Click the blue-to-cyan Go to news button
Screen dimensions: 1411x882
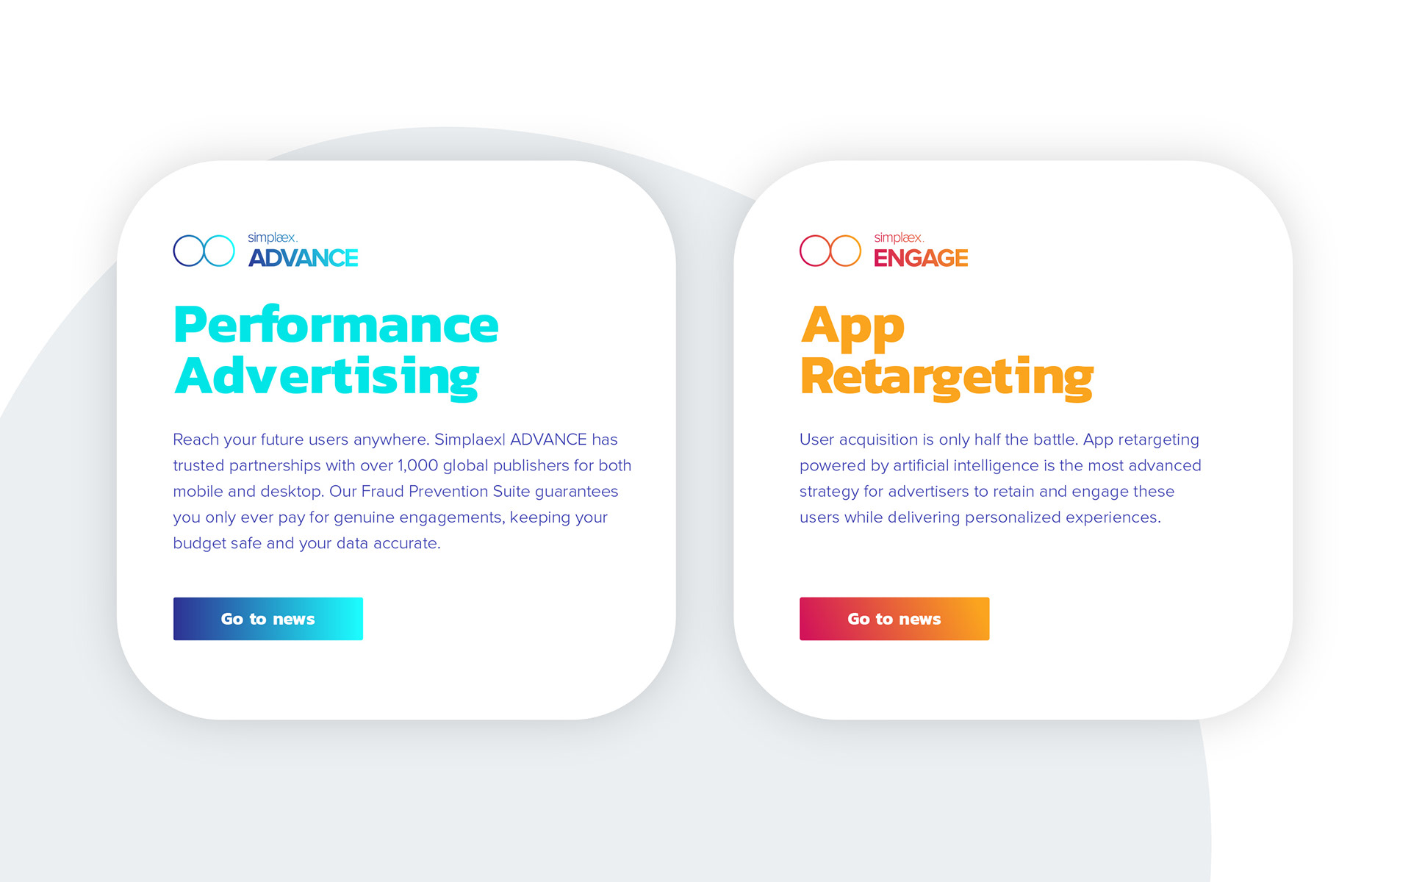point(268,619)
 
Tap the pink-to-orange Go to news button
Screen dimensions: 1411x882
point(894,619)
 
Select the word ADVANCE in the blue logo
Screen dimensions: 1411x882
point(304,258)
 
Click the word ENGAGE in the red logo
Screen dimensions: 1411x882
point(921,258)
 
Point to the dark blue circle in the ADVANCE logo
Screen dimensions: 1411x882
point(173,251)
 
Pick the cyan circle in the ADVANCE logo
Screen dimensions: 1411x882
point(234,251)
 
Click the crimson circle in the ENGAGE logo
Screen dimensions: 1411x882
point(800,251)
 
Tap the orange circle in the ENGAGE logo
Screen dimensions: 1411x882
point(861,251)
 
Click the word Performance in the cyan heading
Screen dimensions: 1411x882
point(337,325)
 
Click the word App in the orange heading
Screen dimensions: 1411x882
point(852,328)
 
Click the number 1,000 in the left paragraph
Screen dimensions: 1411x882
point(417,466)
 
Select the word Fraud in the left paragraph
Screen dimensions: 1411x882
point(383,491)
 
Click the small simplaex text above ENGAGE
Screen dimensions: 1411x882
point(899,238)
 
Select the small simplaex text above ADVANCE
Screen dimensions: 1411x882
point(273,238)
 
